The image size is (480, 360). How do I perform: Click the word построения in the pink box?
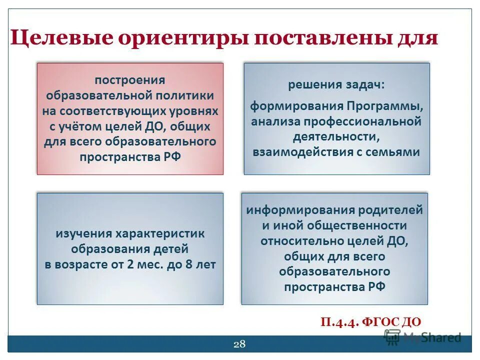click(130, 80)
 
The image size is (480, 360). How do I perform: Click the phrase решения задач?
click(336, 85)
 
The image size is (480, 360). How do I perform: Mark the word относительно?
click(301, 241)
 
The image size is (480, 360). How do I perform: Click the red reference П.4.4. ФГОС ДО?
click(371, 322)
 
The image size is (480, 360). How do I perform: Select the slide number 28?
click(239, 343)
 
